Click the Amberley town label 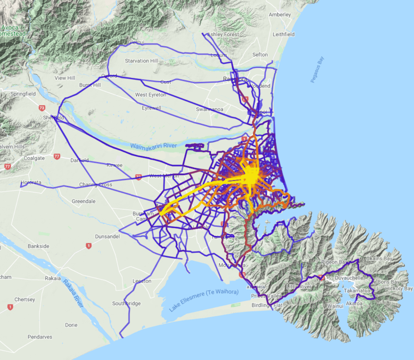pyautogui.click(x=280, y=14)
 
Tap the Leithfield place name pyautogui.click(x=284, y=35)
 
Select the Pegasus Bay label pyautogui.click(x=317, y=69)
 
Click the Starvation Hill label pyautogui.click(x=141, y=61)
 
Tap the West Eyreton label pyautogui.click(x=151, y=95)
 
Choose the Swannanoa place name pyautogui.click(x=209, y=109)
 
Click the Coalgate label pyautogui.click(x=34, y=158)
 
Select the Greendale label pyautogui.click(x=84, y=201)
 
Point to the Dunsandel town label pyautogui.click(x=107, y=236)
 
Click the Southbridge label pyautogui.click(x=126, y=304)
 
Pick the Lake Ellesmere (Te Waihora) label pyautogui.click(x=203, y=300)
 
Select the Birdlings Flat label pyautogui.click(x=267, y=305)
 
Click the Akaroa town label pyautogui.click(x=354, y=303)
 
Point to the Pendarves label pyautogui.click(x=40, y=337)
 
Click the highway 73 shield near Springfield pyautogui.click(x=42, y=108)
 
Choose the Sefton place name pyautogui.click(x=260, y=55)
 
